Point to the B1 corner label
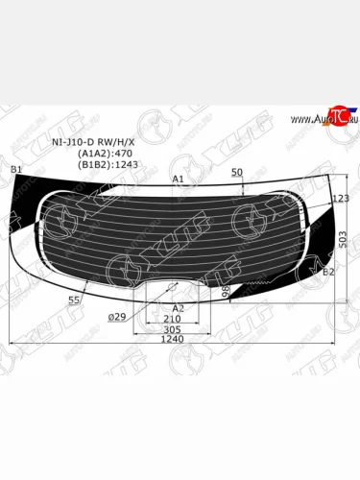[15, 170]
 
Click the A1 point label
[178, 180]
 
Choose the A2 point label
[178, 308]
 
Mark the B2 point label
[329, 273]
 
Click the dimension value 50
[237, 173]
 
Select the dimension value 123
[339, 199]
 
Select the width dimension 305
[173, 328]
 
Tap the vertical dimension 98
[226, 289]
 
